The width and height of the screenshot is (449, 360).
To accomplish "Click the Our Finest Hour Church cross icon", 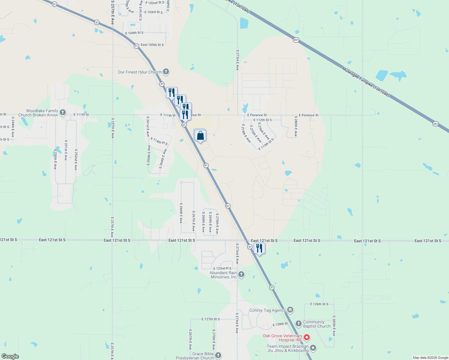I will [166, 72].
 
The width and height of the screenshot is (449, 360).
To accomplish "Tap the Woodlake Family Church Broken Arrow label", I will [38, 113].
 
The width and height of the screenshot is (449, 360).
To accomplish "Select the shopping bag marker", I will [200, 136].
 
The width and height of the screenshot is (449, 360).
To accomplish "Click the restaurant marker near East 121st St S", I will [259, 249].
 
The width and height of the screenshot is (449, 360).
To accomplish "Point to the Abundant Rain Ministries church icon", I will [241, 274].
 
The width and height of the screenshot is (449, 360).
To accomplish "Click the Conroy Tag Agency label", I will [267, 310].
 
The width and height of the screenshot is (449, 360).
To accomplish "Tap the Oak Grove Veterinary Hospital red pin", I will [307, 337].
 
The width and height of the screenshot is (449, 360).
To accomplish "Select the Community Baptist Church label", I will [317, 324].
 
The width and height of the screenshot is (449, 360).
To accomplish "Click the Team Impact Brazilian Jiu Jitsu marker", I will [313, 348].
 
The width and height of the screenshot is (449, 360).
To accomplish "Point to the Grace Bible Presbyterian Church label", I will [195, 356].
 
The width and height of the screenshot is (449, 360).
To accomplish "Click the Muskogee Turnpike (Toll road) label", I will [366, 82].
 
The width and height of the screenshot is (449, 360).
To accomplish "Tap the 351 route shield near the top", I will [296, 40].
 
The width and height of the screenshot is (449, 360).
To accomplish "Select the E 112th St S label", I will [263, 120].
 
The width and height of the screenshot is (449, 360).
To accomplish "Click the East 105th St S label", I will [152, 45].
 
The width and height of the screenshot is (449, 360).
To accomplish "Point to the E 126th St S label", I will [319, 304].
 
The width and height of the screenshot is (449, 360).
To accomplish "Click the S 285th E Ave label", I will [334, 325].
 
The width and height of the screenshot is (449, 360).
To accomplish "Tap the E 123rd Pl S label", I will [222, 268].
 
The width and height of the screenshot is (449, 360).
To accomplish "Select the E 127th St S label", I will [211, 319].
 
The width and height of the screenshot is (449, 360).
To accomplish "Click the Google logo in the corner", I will [10, 356].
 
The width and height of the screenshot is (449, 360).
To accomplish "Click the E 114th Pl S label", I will [159, 141].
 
